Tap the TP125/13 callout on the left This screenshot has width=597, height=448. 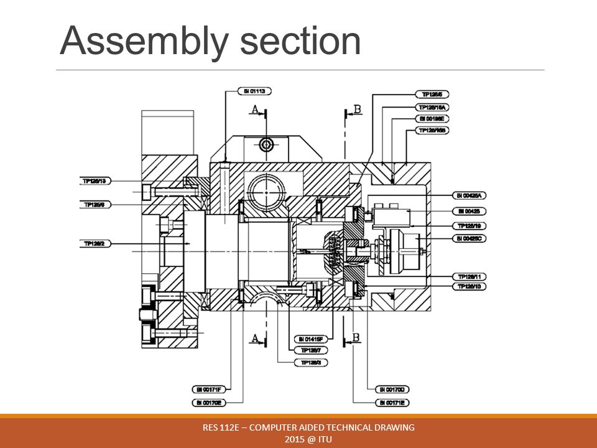pyautogui.click(x=95, y=181)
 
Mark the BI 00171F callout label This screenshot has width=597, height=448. pyautogui.click(x=208, y=390)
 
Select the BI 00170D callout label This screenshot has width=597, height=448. pyautogui.click(x=393, y=390)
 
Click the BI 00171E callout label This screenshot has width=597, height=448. pyautogui.click(x=393, y=402)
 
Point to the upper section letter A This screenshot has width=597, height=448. pyautogui.click(x=255, y=109)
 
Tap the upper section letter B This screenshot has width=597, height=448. pyautogui.click(x=357, y=109)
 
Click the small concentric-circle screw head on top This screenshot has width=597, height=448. pyautogui.click(x=267, y=145)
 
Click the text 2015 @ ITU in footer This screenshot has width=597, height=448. pyautogui.click(x=298, y=439)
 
